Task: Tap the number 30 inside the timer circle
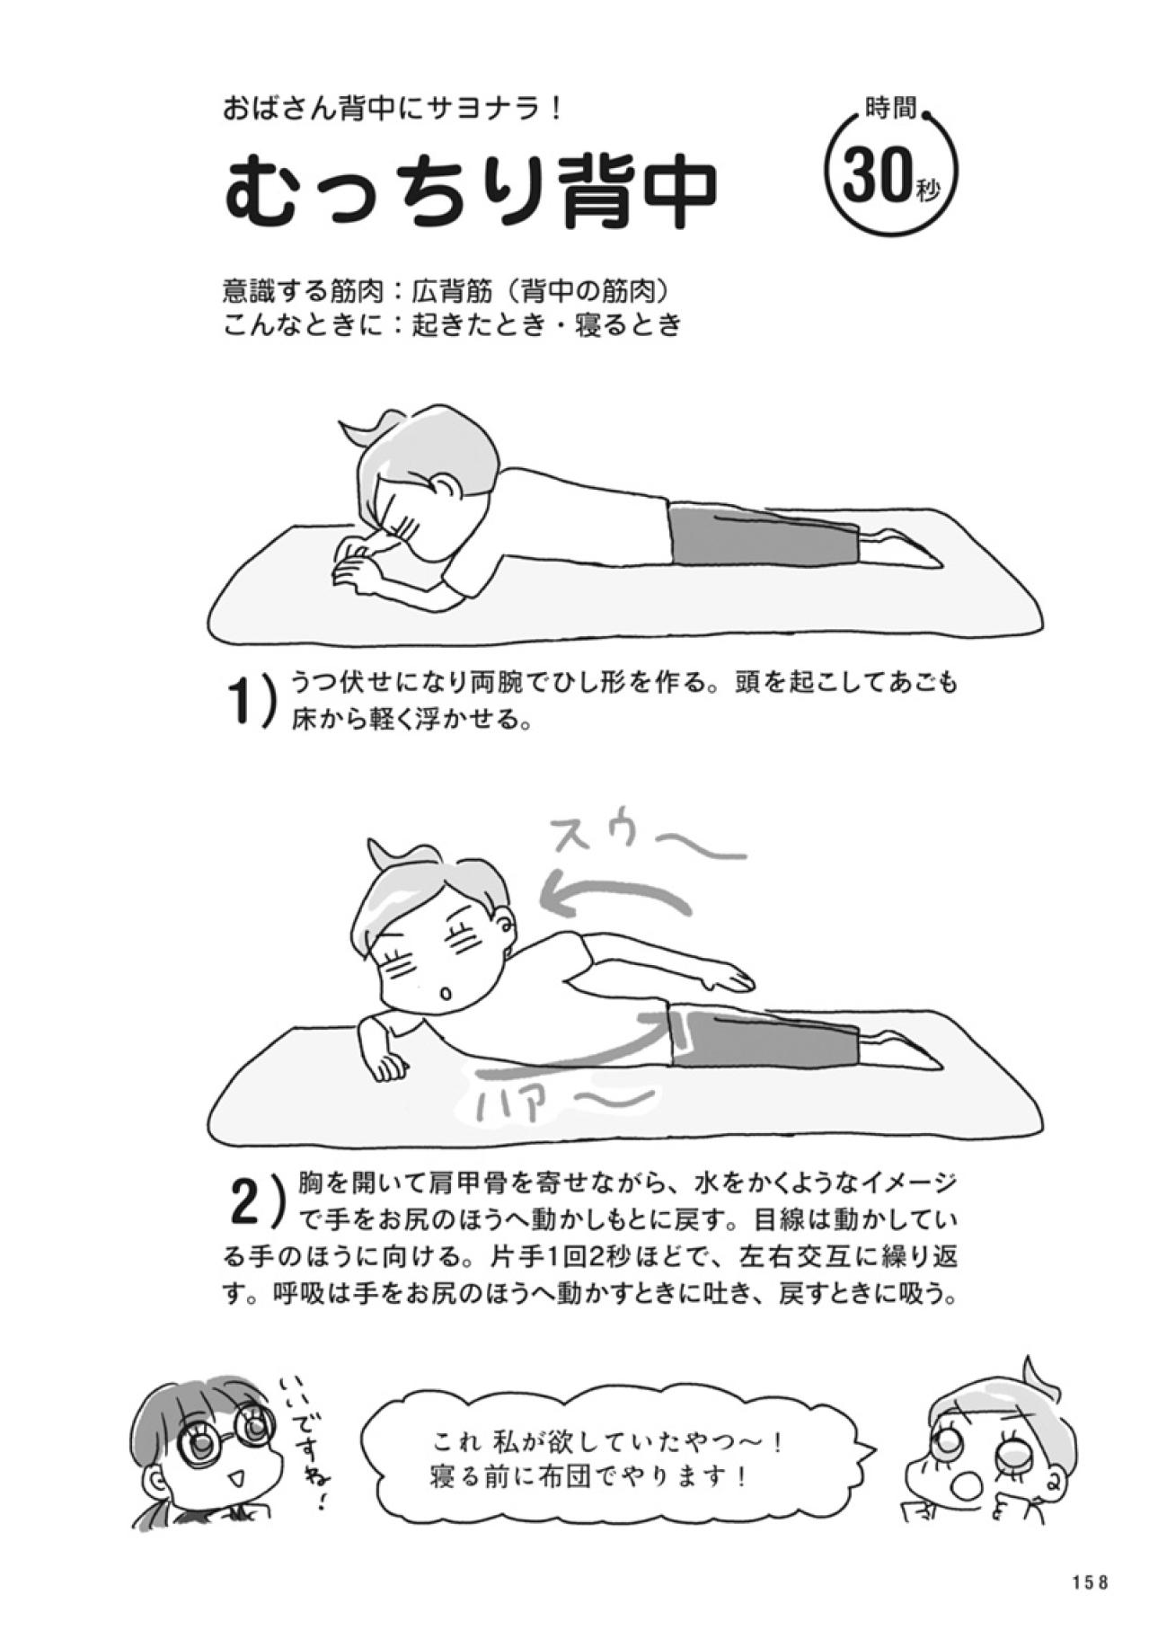coord(875,176)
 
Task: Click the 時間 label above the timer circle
coord(890,110)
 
